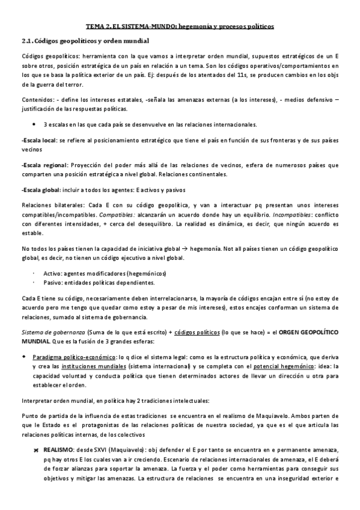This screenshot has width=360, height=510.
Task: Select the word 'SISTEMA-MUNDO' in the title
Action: tap(146, 26)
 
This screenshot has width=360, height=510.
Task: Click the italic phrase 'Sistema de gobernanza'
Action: tap(53, 332)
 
